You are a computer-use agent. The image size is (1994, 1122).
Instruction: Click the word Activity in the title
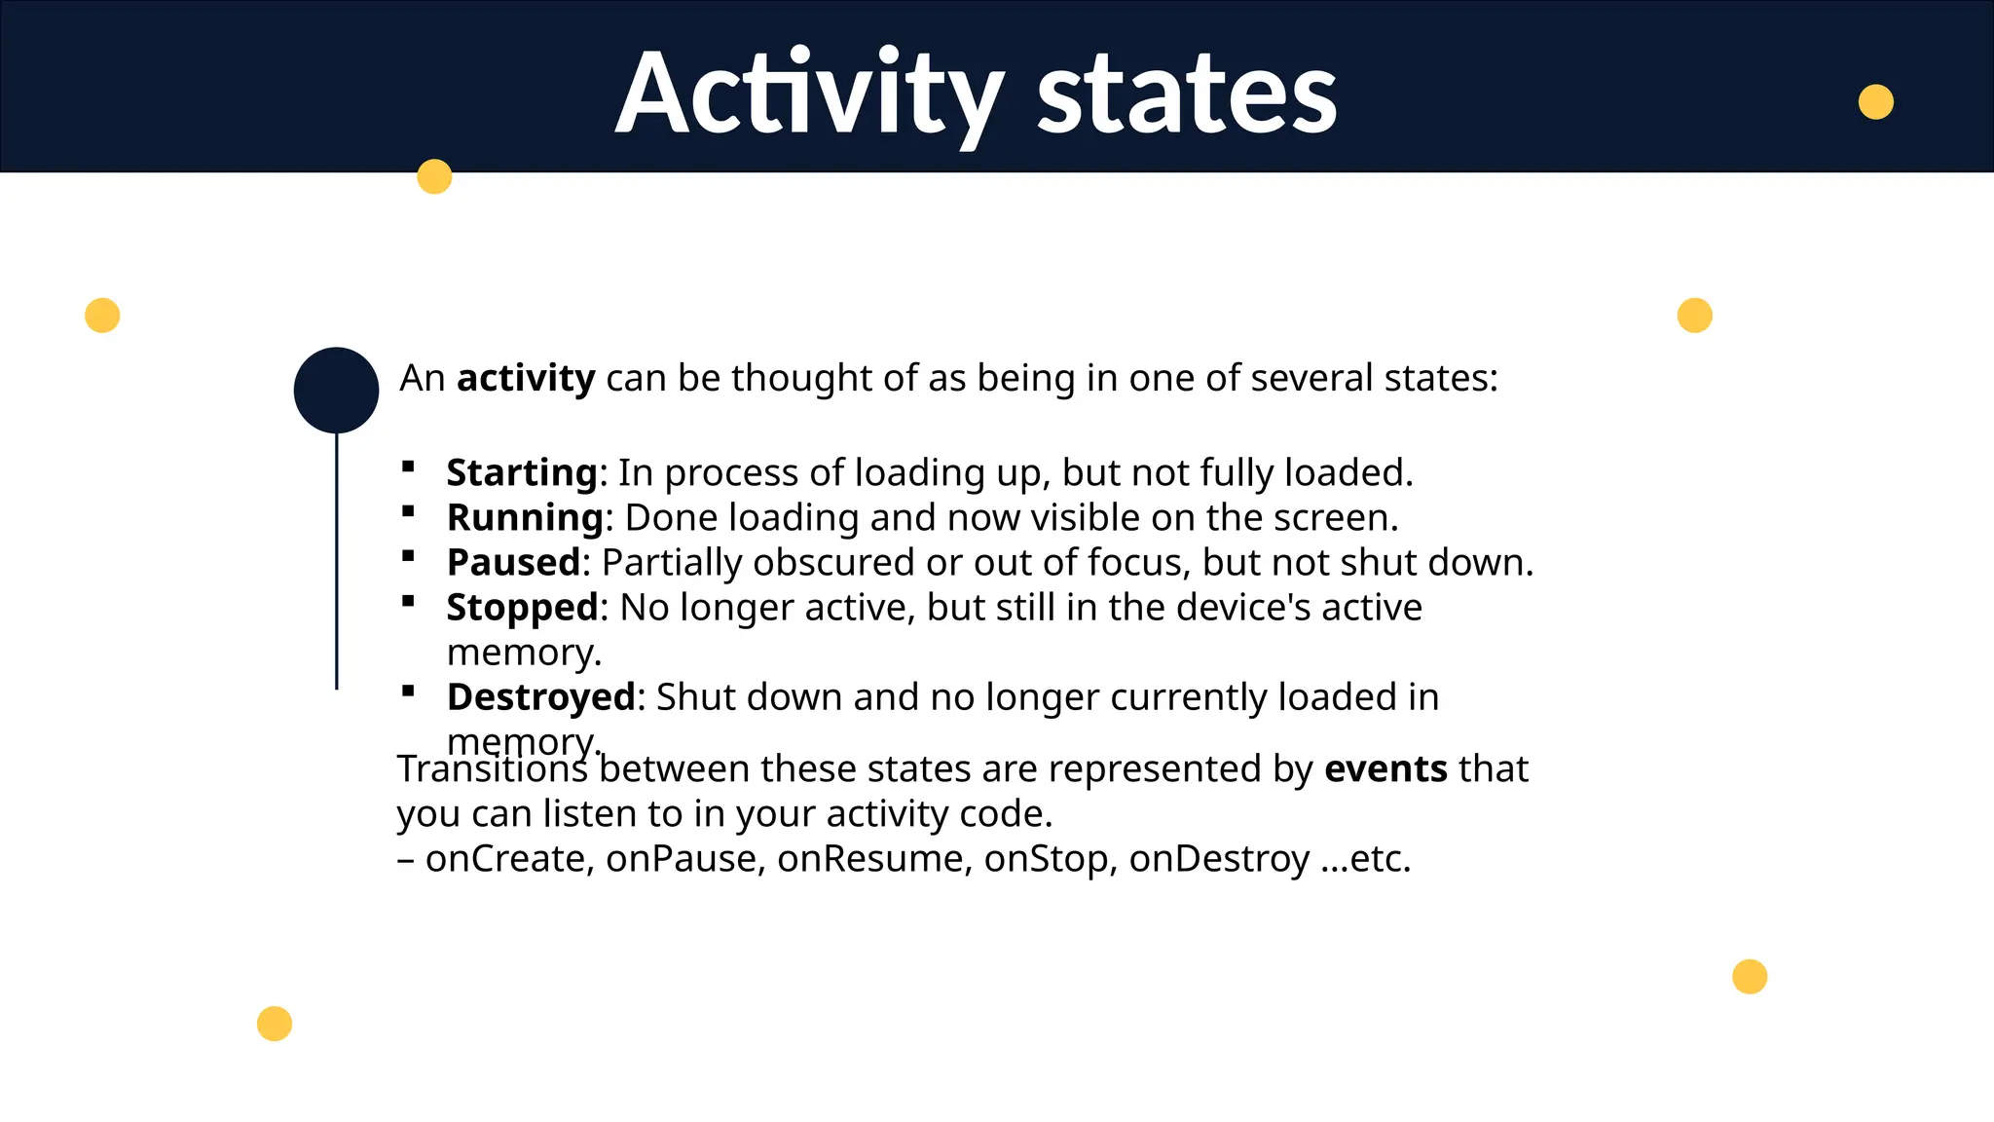coord(809,94)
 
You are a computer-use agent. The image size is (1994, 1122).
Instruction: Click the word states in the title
coord(1187,94)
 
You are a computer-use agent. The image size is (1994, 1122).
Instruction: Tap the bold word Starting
coord(522,473)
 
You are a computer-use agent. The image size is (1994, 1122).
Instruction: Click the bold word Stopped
coord(522,608)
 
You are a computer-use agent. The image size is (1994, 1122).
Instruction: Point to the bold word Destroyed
coord(541,697)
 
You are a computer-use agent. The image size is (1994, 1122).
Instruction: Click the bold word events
coord(1385,769)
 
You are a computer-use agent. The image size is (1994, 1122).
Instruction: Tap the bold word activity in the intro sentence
coord(526,378)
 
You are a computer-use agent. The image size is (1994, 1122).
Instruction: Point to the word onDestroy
coord(1219,859)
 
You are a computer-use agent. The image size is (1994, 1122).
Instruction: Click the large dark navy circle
coord(336,390)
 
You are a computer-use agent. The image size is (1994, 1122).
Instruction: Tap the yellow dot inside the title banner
coord(1875,101)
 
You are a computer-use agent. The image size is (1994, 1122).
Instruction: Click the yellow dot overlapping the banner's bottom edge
coord(434,176)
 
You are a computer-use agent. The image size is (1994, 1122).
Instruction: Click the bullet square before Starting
coord(408,467)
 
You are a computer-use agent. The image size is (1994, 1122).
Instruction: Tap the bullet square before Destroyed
coord(408,692)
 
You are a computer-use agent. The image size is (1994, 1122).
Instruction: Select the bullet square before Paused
coord(408,557)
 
